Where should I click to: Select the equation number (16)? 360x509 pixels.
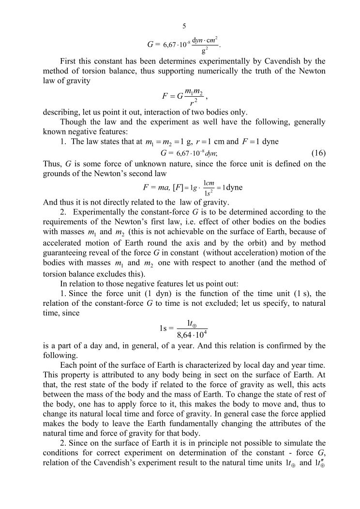317,153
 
